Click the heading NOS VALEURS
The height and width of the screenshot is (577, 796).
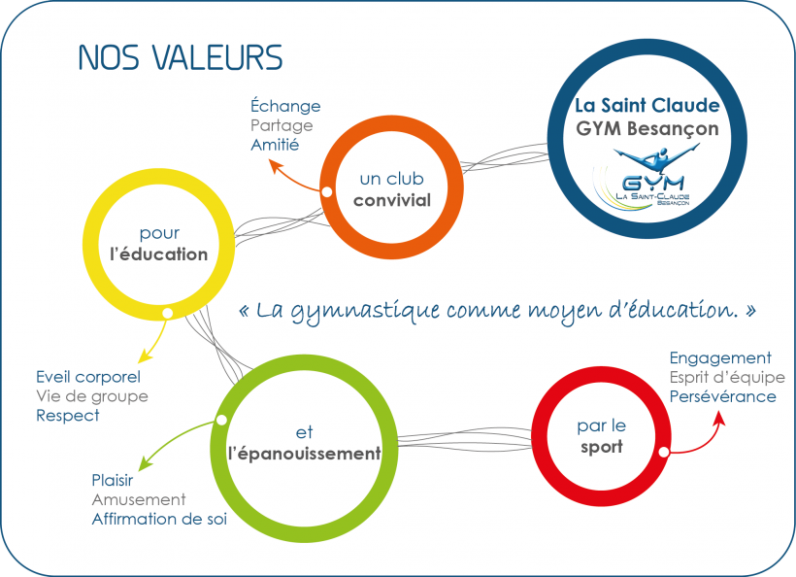click(x=181, y=57)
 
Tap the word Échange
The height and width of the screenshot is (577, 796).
click(x=285, y=105)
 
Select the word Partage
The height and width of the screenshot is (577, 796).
click(x=282, y=126)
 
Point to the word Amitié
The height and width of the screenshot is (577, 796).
click(x=275, y=145)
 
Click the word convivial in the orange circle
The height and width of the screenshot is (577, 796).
click(x=392, y=200)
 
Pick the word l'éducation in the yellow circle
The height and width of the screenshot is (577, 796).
click(x=159, y=254)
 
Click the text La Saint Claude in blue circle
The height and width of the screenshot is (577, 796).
click(x=647, y=105)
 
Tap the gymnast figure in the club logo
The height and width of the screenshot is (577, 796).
click(x=656, y=156)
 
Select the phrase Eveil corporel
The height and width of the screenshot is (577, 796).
click(x=88, y=377)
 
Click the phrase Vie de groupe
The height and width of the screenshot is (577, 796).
click(x=92, y=396)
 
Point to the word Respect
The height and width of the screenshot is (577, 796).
click(x=68, y=416)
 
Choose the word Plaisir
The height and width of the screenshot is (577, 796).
click(x=113, y=480)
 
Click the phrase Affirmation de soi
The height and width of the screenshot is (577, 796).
click(x=159, y=519)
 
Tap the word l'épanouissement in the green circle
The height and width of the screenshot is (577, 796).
click(x=304, y=453)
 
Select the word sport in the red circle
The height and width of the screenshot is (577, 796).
click(x=602, y=448)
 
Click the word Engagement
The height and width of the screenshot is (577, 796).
click(x=720, y=358)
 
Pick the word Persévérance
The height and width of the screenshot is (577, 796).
click(x=723, y=396)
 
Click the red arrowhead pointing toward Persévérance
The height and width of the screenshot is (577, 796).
click(x=719, y=418)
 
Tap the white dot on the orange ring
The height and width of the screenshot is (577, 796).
click(x=327, y=192)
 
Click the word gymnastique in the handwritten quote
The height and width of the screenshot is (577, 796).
click(x=365, y=311)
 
